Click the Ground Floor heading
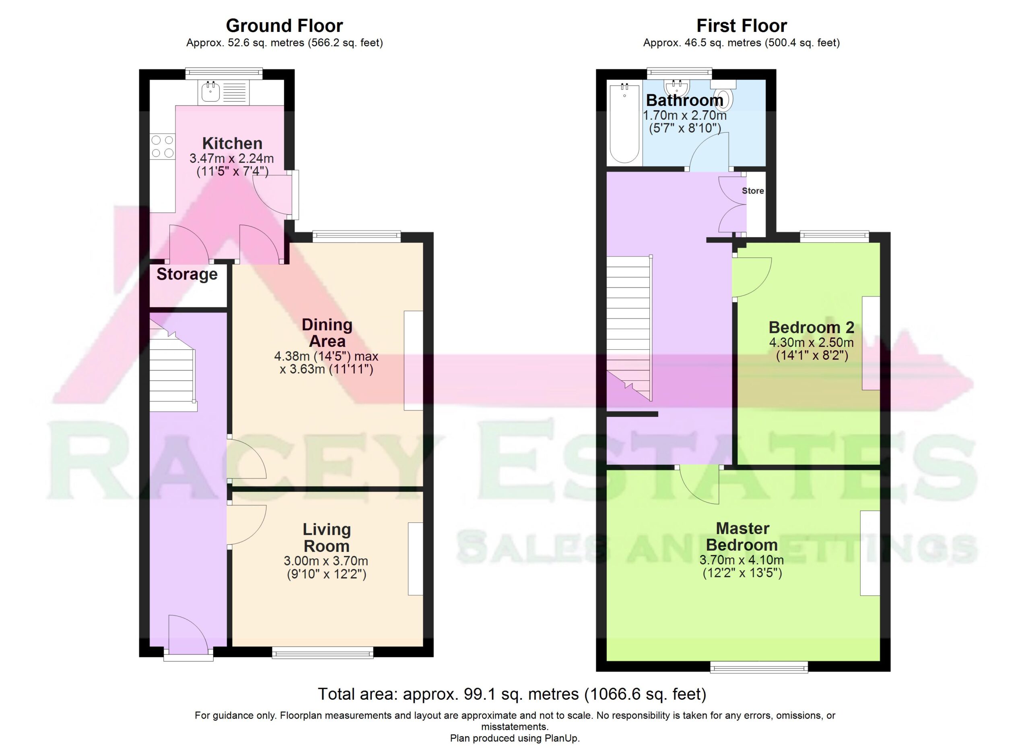284,26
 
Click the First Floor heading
742,26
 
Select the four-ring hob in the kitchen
163,146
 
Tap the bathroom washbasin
677,87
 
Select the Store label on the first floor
753,191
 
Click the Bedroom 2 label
812,327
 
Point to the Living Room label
327,538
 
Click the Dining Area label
327,333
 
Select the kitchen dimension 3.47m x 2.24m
232,159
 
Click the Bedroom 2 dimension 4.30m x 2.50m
812,342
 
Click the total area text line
512,694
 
